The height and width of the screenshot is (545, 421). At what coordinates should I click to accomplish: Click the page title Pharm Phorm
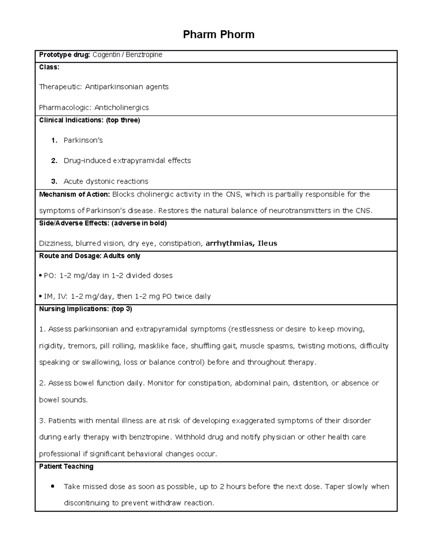[219, 34]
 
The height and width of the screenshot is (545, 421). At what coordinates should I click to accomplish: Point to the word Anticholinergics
[121, 107]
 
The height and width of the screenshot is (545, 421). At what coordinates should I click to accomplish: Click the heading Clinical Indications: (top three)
[89, 120]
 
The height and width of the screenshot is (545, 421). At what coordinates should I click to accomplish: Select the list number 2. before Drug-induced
[54, 161]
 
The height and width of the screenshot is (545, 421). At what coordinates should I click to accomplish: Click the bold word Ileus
[267, 243]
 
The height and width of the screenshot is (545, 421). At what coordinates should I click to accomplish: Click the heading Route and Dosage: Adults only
[89, 256]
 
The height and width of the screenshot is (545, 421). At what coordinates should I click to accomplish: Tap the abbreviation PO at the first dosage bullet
[49, 276]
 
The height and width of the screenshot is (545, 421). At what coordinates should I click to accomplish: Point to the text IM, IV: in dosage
[55, 297]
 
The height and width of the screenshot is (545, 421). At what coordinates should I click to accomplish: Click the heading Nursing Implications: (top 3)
[86, 309]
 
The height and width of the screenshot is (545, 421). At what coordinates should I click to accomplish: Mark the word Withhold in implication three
[188, 437]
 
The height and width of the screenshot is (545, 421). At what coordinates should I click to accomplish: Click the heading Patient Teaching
[66, 466]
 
